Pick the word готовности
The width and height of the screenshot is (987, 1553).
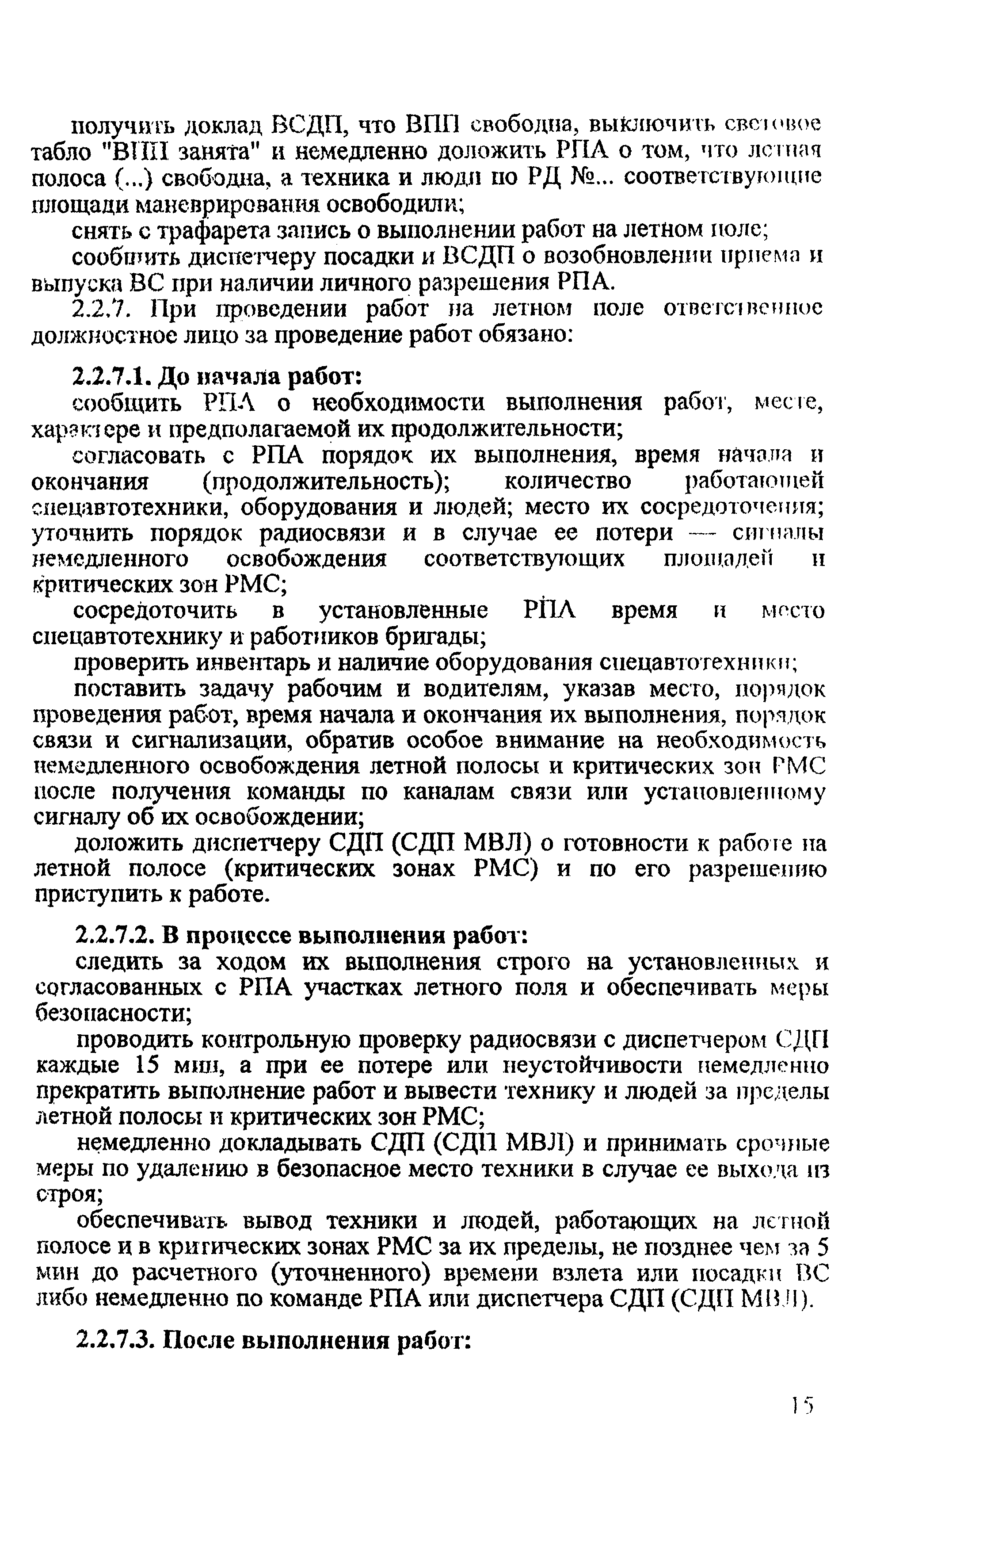click(623, 843)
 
